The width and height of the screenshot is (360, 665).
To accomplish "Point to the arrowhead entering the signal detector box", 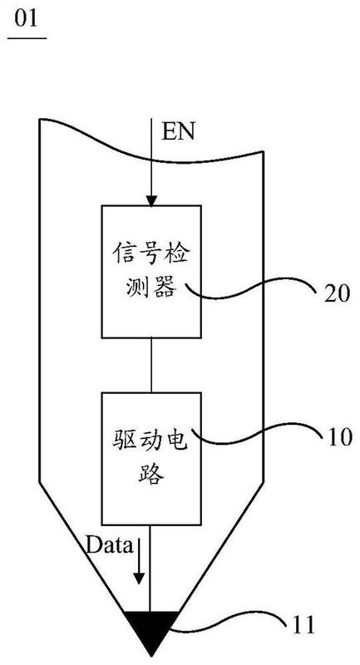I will pos(150,199).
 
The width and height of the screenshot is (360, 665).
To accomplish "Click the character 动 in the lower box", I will pos(150,439).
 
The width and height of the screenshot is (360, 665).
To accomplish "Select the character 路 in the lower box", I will pos(150,475).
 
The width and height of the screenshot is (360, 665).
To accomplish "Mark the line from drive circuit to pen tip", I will pos(150,574).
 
